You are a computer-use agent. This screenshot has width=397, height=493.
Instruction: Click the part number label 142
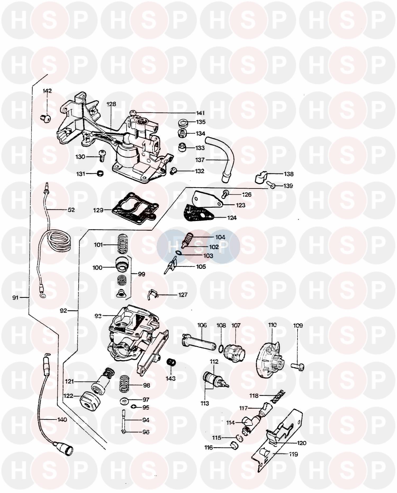coord(47,91)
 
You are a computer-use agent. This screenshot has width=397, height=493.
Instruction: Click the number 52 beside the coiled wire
coord(71,210)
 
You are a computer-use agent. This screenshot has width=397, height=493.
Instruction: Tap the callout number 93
coord(98,316)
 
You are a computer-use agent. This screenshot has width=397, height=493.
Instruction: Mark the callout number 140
coord(62,420)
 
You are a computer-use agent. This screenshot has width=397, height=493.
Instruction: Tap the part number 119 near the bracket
coord(293,454)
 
